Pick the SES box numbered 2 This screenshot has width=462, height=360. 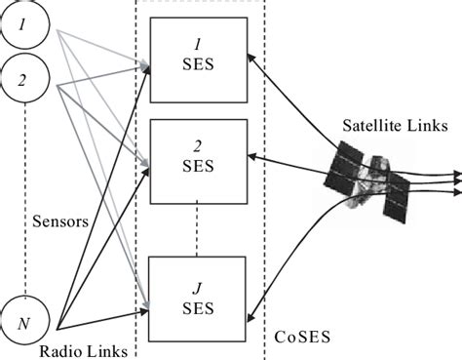coord(198,157)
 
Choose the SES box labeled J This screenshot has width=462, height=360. coord(198,296)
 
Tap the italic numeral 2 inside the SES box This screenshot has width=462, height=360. coord(198,147)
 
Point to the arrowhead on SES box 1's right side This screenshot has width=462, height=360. coord(252,60)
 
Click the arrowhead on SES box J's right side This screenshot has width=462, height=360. coord(252,314)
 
